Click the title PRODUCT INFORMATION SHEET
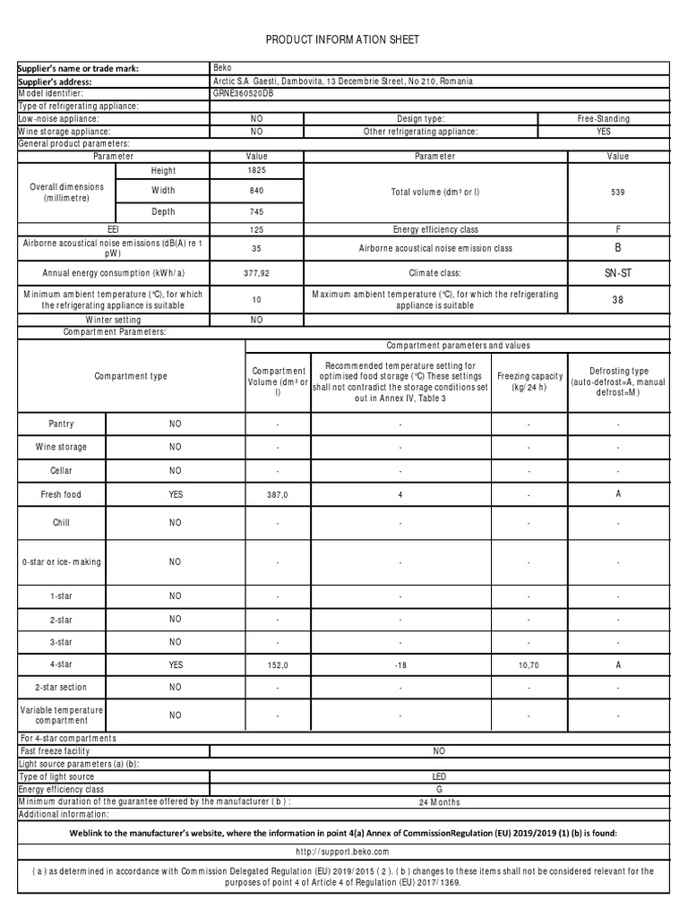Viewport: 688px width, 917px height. pyautogui.click(x=342, y=39)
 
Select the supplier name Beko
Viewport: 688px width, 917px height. pyautogui.click(x=222, y=67)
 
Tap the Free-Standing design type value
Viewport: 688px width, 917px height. pyautogui.click(x=603, y=118)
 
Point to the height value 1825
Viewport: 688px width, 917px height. pyautogui.click(x=255, y=170)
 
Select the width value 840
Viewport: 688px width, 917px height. pyautogui.click(x=255, y=191)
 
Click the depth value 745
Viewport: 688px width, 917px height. pyautogui.click(x=255, y=212)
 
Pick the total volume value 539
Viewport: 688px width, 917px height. pyautogui.click(x=617, y=192)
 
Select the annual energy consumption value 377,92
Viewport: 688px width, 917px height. pyautogui.click(x=255, y=273)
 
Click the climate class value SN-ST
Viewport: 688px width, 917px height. pyautogui.click(x=617, y=273)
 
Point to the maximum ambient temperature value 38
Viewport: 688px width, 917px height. pyautogui.click(x=617, y=300)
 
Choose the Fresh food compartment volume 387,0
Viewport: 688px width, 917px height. pyautogui.click(x=278, y=494)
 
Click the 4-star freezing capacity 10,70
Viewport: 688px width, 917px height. pyautogui.click(x=529, y=665)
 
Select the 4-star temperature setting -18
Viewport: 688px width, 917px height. pyautogui.click(x=400, y=665)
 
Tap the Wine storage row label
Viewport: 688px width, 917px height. pyautogui.click(x=62, y=447)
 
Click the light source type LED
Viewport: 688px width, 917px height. pyautogui.click(x=439, y=776)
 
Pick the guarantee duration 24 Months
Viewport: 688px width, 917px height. pyautogui.click(x=439, y=802)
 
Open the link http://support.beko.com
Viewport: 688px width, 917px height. pyautogui.click(x=344, y=852)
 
